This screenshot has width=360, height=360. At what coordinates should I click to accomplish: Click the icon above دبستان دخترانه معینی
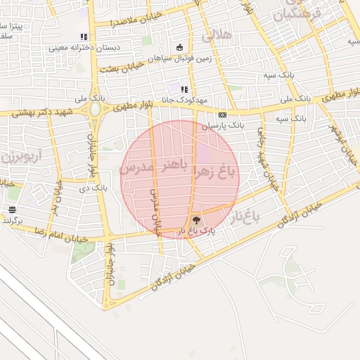(84, 37)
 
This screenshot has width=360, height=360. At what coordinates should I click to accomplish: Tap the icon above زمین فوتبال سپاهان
(180, 48)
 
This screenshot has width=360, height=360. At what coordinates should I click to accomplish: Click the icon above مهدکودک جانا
(184, 90)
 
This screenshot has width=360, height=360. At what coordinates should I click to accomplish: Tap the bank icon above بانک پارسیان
(223, 115)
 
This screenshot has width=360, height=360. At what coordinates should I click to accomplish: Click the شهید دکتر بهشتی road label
(29, 112)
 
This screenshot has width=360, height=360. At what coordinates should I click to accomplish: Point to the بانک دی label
(92, 188)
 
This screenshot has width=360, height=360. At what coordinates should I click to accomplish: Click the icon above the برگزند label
(12, 210)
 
